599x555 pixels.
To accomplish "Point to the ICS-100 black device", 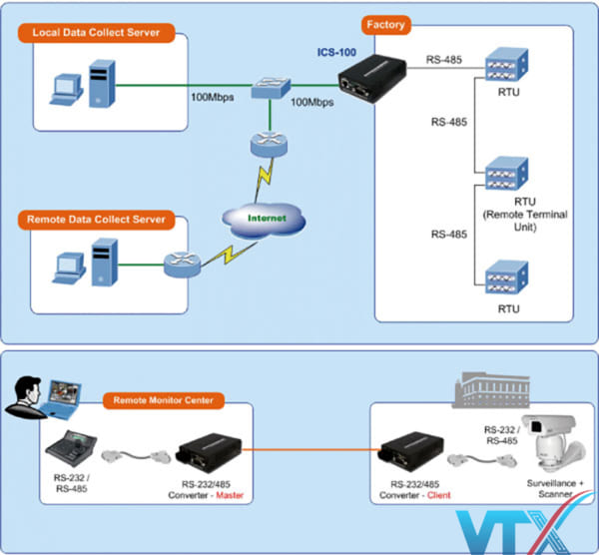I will tap(367, 78).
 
